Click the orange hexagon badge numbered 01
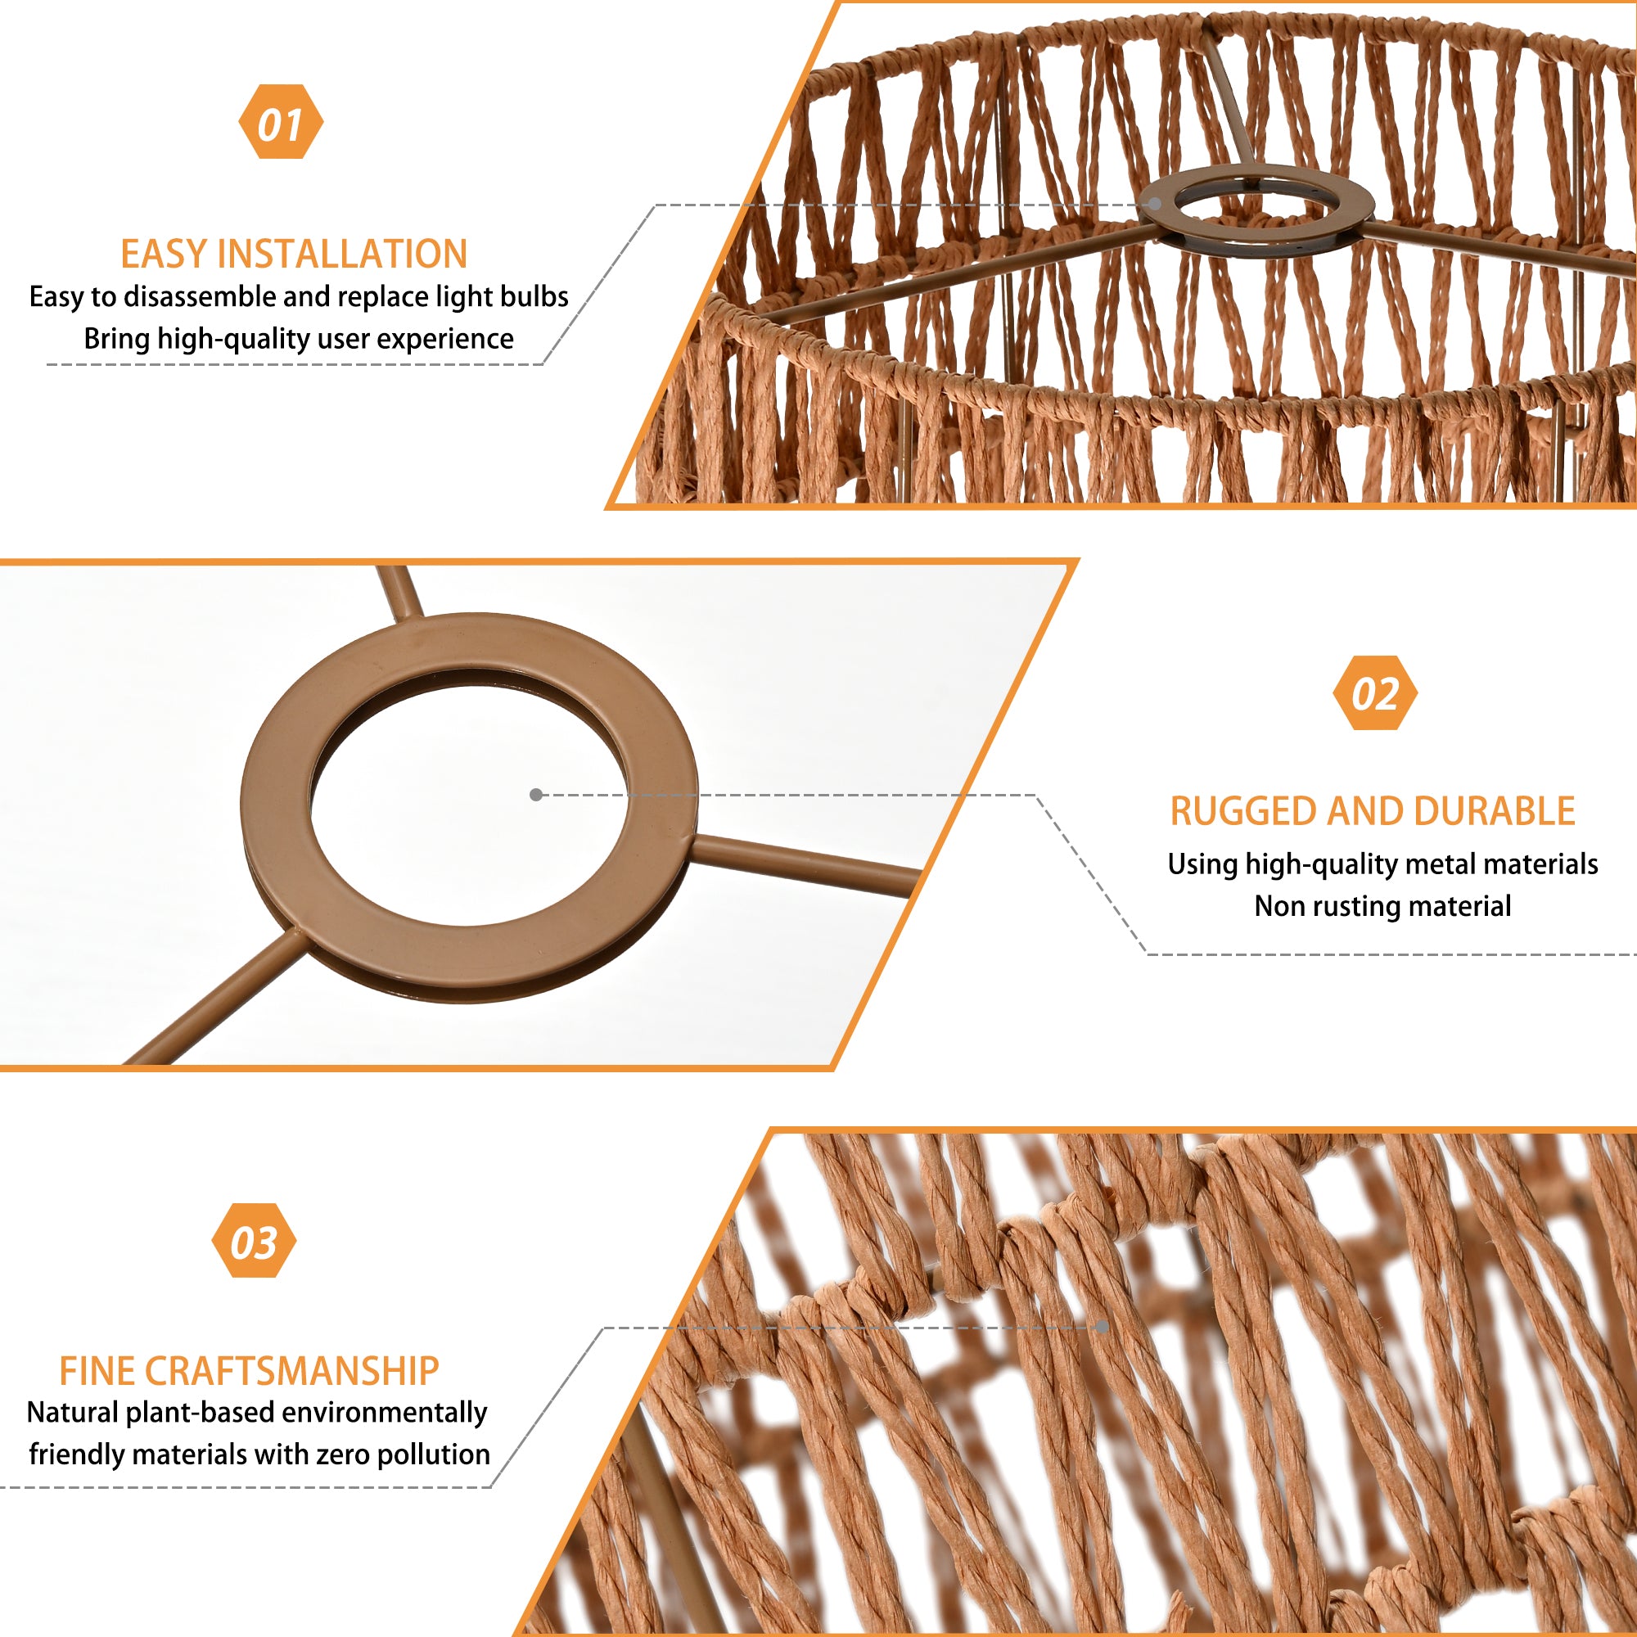tap(281, 122)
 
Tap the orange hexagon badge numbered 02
tap(1374, 692)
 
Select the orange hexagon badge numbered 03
tap(255, 1241)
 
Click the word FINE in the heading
tap(102, 1371)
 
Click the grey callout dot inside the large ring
tap(535, 795)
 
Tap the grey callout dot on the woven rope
tap(1102, 1326)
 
